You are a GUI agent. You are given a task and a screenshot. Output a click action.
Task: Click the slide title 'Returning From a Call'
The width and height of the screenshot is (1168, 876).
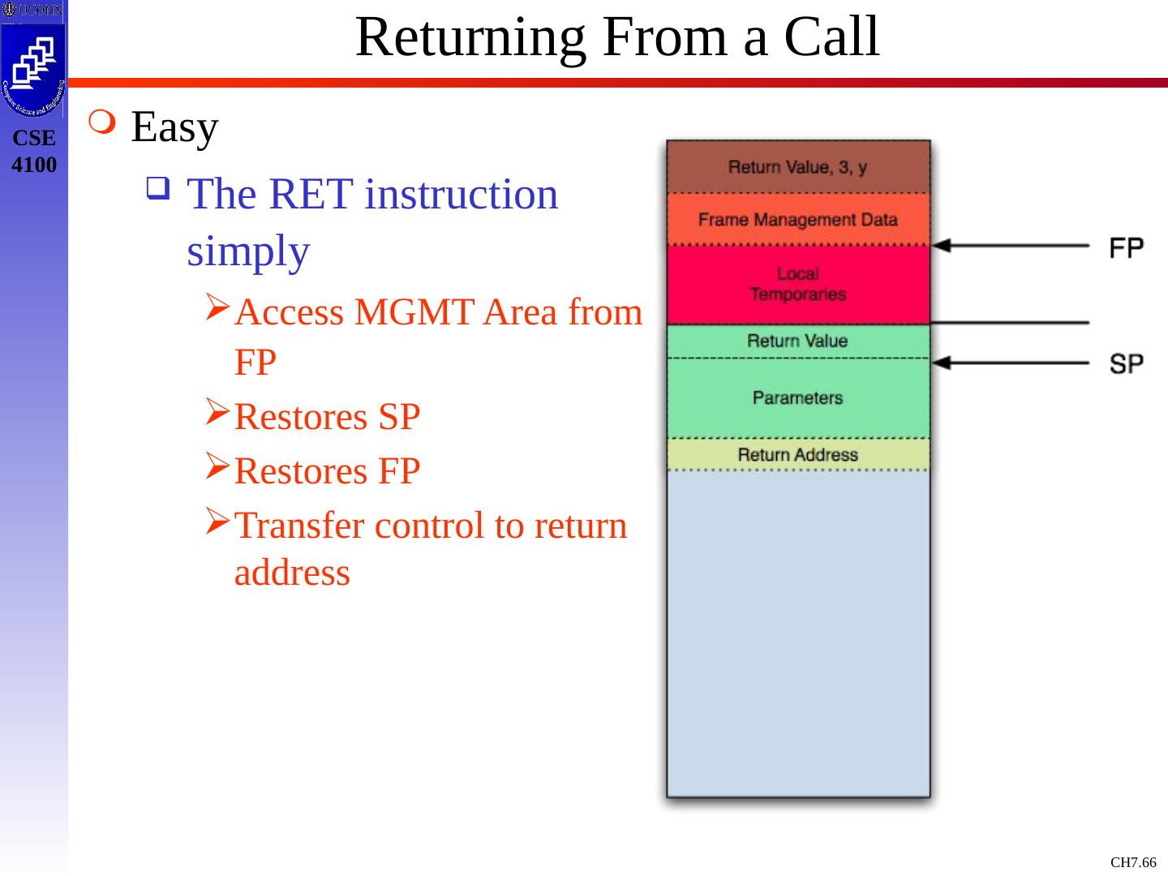click(617, 36)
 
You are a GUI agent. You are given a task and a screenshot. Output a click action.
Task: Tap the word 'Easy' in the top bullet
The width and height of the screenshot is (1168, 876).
click(174, 127)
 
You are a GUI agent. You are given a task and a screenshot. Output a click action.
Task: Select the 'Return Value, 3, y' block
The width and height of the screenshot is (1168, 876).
click(797, 168)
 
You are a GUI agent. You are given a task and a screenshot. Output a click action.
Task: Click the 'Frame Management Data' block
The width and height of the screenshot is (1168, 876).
click(797, 220)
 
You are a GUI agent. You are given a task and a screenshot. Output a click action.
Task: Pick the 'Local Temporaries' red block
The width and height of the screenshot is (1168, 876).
click(797, 284)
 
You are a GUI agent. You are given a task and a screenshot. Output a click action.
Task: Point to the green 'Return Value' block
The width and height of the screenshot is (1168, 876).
click(797, 341)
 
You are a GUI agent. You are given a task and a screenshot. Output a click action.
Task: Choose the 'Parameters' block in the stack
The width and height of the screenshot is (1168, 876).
click(797, 397)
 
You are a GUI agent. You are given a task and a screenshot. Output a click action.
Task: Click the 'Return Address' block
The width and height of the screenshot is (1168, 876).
click(797, 455)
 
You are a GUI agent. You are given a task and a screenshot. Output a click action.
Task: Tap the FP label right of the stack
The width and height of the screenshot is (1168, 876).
click(1126, 247)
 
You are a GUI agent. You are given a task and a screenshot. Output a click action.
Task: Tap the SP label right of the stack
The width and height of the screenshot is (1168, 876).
click(1126, 364)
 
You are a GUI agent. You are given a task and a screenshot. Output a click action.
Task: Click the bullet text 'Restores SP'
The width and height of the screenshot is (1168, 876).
click(327, 417)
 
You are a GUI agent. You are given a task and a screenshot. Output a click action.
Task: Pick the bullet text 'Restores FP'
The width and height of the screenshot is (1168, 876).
click(327, 471)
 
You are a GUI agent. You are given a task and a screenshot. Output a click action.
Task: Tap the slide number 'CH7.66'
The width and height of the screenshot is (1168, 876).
click(1133, 862)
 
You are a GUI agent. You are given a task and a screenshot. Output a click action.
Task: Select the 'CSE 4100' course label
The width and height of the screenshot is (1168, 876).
click(34, 152)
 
